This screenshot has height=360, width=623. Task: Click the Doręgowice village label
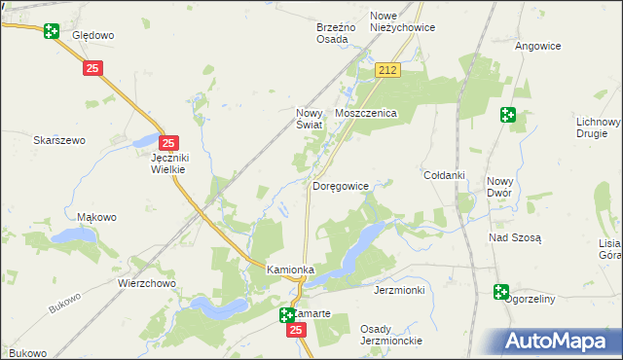(x=341, y=185)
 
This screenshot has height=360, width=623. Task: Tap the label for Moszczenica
(x=365, y=114)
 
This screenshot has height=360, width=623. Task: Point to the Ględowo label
(x=93, y=35)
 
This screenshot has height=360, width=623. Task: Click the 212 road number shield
(x=387, y=70)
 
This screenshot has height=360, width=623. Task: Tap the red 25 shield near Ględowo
(x=92, y=68)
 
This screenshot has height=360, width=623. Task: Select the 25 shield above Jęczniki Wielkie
(x=168, y=142)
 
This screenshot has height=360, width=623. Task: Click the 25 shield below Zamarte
(x=297, y=331)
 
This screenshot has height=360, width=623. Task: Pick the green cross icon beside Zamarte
(x=287, y=314)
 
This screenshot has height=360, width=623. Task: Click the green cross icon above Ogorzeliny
(x=501, y=291)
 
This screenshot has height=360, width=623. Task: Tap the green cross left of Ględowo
(x=51, y=31)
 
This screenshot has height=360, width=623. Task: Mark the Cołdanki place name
(x=444, y=175)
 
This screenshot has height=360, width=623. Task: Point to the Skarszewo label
(x=59, y=140)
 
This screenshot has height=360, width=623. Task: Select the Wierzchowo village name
(x=146, y=284)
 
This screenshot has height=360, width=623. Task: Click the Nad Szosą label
(x=515, y=238)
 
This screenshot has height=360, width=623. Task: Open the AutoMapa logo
(x=558, y=342)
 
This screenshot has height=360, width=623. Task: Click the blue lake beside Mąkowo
(x=70, y=235)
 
